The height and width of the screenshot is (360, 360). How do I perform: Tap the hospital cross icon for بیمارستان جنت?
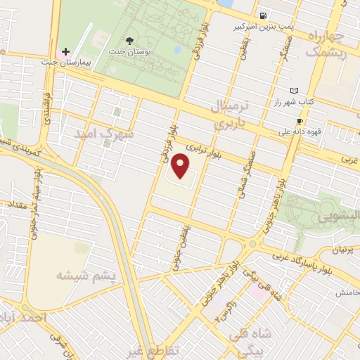65,51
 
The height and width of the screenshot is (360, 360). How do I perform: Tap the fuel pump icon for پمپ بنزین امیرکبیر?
262,15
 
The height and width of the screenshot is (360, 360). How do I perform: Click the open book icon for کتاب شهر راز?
294,91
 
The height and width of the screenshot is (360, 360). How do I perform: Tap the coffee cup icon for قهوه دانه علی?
300,121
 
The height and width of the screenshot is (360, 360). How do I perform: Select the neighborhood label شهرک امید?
108,134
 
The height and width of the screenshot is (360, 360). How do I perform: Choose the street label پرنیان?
342,250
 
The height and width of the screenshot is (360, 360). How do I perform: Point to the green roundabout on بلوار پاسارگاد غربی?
252,244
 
